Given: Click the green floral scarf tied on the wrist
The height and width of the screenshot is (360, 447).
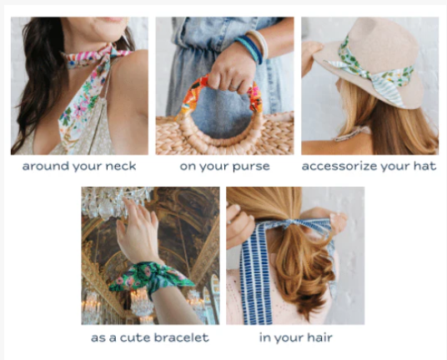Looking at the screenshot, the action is [x=151, y=277].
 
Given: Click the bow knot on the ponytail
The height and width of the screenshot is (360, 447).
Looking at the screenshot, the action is [x=290, y=223].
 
